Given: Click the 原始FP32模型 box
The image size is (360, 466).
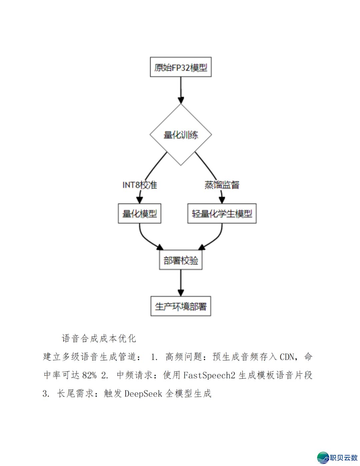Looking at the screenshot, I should pyautogui.click(x=181, y=67).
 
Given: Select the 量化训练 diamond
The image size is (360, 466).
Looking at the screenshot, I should pyautogui.click(x=181, y=135).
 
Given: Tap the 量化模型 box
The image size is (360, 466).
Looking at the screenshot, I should pyautogui.click(x=140, y=213).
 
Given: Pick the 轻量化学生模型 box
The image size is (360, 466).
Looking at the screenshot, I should pyautogui.click(x=222, y=213).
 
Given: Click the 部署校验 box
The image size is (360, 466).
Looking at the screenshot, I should pyautogui.click(x=181, y=260).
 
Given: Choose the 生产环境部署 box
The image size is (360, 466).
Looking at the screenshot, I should pyautogui.click(x=181, y=306).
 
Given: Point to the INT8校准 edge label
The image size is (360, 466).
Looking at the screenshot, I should pyautogui.click(x=140, y=185).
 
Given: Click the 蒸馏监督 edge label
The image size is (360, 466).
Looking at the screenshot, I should pyautogui.click(x=222, y=185).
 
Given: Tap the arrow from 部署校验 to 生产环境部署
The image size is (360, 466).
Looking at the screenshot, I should pyautogui.click(x=181, y=282).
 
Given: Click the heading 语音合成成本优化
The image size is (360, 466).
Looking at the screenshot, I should pyautogui.click(x=99, y=339).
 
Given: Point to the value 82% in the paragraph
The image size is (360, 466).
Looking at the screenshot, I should pyautogui.click(x=89, y=375).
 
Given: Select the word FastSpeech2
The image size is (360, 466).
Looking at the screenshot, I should pyautogui.click(x=209, y=375).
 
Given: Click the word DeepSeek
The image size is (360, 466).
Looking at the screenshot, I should pyautogui.click(x=143, y=394).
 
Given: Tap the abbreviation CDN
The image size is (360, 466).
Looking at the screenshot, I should pyautogui.click(x=287, y=357).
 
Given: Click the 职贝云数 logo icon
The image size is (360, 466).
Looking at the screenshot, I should pyautogui.click(x=323, y=458).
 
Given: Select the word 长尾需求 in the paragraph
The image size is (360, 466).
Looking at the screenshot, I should pyautogui.click(x=75, y=394).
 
